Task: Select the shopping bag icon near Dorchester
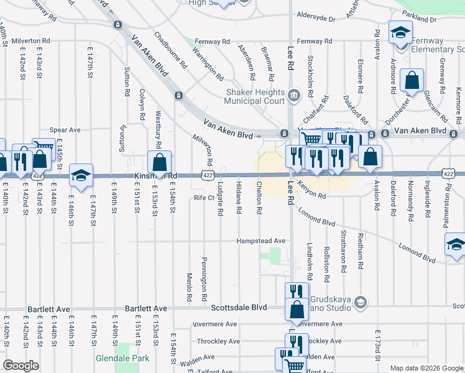pos(412,80)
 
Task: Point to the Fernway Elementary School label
pos(436,45)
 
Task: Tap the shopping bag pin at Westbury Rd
pos(160,162)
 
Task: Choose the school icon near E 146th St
pos(81,175)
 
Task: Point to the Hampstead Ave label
pos(260,241)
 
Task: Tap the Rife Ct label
pos(204,198)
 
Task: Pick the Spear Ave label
pos(70,130)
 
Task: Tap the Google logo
pos(21,366)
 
